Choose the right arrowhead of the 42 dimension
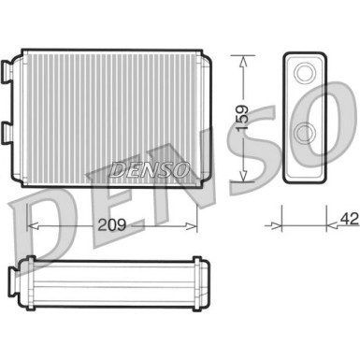[x=330, y=225]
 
